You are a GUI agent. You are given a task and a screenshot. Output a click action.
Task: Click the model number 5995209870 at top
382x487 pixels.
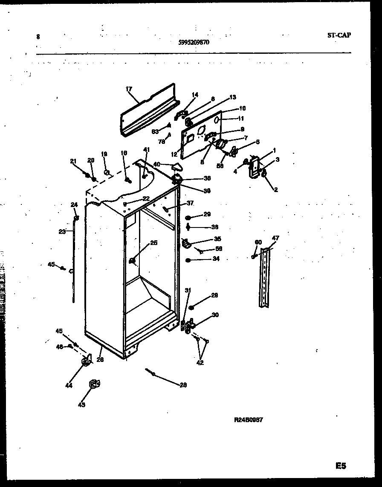194,42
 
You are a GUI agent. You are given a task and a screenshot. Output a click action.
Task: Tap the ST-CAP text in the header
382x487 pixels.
339,35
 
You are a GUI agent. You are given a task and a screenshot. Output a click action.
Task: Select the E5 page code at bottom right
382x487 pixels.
341,466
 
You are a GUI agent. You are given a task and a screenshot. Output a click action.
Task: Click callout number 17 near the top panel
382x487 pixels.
129,89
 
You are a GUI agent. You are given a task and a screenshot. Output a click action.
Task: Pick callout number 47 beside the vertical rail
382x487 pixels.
275,238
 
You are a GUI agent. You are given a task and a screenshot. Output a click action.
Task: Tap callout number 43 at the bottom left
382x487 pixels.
81,405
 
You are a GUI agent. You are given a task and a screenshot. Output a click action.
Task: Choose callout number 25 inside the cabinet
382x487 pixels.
153,243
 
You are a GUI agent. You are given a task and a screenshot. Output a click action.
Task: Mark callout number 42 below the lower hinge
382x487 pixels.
200,363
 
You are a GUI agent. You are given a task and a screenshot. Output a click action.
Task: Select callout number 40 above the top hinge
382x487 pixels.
157,164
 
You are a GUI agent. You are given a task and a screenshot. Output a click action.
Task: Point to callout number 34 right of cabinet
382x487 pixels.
216,259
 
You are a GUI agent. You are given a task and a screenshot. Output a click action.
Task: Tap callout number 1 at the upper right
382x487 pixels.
275,150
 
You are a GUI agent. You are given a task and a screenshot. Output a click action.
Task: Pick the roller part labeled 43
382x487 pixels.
93,385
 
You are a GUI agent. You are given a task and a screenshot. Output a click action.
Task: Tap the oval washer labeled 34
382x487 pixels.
188,260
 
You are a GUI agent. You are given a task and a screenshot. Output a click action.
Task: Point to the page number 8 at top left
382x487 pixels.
38,37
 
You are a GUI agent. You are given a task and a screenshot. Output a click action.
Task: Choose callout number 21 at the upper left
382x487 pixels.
73,161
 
